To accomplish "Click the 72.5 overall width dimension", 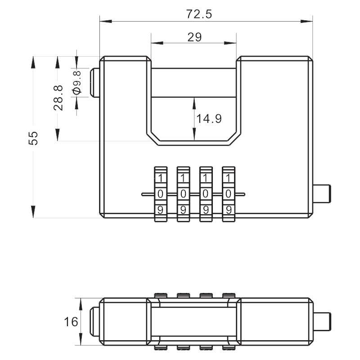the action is tap(199, 14).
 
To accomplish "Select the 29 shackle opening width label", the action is tap(194, 37).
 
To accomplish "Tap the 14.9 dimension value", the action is tap(209, 119).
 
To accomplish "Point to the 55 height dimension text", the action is tap(33, 138).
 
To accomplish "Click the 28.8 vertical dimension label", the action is tap(58, 98).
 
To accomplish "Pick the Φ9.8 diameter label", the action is tap(77, 82).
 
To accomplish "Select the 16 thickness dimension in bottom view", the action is tap(71, 322).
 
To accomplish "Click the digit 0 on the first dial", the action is tap(160, 194).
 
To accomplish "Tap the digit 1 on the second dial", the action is tap(183, 178).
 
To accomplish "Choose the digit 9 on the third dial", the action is tap(206, 210).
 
